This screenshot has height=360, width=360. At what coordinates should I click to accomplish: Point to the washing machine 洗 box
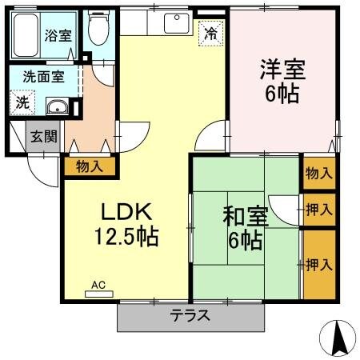pyautogui.click(x=22, y=103)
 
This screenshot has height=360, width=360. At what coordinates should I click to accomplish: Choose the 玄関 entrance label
pyautogui.click(x=44, y=136)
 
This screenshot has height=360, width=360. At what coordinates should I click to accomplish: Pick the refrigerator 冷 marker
pyautogui.click(x=210, y=34)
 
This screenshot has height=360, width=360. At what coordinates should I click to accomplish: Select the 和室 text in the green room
pyautogui.click(x=244, y=216)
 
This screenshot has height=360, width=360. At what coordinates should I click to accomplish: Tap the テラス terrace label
pyautogui.click(x=190, y=315)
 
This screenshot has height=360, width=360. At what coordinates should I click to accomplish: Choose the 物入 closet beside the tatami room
pyautogui.click(x=318, y=174)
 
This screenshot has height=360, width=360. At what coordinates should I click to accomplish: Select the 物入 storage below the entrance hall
pyautogui.click(x=90, y=166)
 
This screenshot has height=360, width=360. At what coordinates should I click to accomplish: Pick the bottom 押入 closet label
pyautogui.click(x=318, y=264)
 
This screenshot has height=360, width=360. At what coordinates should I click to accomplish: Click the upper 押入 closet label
pyautogui.click(x=318, y=210)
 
